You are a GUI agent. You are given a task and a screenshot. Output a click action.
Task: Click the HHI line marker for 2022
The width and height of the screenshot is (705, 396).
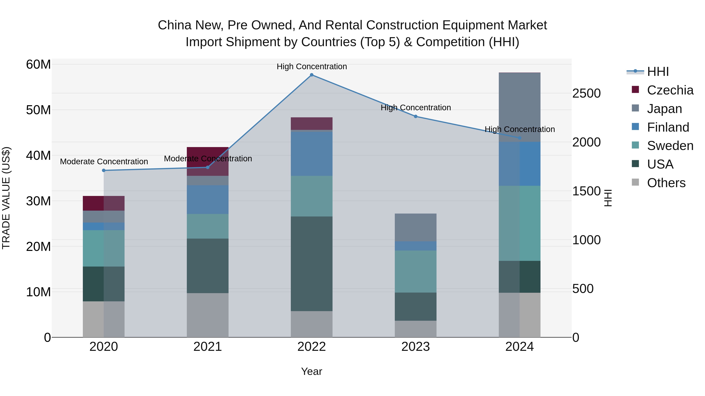coord(311,75)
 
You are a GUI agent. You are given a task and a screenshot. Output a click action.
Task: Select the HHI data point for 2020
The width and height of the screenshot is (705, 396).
coord(104,171)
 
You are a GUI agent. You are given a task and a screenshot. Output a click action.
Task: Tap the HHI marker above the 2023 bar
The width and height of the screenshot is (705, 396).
coord(415,116)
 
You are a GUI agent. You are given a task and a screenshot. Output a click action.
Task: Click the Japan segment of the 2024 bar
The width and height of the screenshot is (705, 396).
coord(519,107)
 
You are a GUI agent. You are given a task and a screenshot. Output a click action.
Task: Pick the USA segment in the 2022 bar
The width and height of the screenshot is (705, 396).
coord(311,264)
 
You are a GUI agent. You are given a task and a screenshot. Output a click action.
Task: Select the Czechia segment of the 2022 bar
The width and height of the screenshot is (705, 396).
coord(311,124)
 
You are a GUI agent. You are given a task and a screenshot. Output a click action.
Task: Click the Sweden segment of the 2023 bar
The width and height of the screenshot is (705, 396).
coord(415,271)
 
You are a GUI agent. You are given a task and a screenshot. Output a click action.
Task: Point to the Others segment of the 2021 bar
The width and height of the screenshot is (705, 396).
coord(207,315)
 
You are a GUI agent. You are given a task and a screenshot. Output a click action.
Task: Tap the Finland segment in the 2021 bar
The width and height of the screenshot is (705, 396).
coord(207,199)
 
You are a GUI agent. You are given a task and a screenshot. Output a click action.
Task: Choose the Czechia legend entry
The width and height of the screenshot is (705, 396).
coord(662,90)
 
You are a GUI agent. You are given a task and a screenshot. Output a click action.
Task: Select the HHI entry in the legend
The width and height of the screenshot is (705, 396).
coord(648,72)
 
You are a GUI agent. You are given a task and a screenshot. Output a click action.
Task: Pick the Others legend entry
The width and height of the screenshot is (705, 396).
coord(658,183)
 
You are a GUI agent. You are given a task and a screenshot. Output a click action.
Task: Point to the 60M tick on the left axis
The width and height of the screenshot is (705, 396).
coord(38,65)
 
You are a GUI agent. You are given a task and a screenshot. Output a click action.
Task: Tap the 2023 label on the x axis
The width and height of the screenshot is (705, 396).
coord(415,347)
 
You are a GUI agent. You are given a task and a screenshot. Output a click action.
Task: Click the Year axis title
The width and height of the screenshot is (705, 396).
coord(311,371)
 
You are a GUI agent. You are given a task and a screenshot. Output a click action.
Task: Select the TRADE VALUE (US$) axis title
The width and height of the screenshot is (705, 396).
coord(6,198)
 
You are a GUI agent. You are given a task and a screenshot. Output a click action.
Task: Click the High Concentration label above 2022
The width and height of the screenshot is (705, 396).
coord(312,66)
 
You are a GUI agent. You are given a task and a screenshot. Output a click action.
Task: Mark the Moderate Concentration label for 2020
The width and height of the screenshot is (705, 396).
coord(104,162)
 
